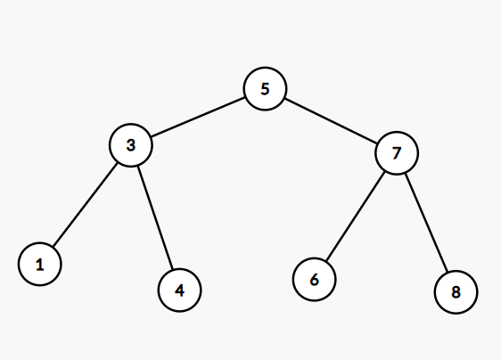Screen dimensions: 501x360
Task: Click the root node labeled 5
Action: point(265,89)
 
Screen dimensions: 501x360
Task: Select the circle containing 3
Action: point(131,145)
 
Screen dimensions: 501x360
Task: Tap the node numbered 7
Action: point(397,153)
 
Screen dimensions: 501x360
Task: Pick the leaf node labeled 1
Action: point(40,264)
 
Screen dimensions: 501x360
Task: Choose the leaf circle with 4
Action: point(179,290)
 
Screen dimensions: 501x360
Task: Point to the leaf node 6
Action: point(315,279)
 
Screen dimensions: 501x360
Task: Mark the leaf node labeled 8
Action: point(456,292)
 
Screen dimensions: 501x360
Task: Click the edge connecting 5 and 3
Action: point(198,117)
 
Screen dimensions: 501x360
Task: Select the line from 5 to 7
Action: point(331,121)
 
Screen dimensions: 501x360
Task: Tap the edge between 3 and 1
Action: point(86,205)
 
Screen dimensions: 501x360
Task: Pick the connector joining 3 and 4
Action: point(155,217)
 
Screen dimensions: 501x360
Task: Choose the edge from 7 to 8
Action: point(426,222)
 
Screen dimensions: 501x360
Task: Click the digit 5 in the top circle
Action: point(265,89)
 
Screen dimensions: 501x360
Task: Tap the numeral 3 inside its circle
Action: point(131,145)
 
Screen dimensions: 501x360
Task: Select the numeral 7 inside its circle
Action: point(397,153)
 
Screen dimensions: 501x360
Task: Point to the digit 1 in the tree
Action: point(40,265)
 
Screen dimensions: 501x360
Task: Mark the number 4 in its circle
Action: point(179,290)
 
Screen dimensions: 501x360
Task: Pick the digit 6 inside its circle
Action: point(315,280)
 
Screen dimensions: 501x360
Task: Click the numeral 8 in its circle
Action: point(456,292)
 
